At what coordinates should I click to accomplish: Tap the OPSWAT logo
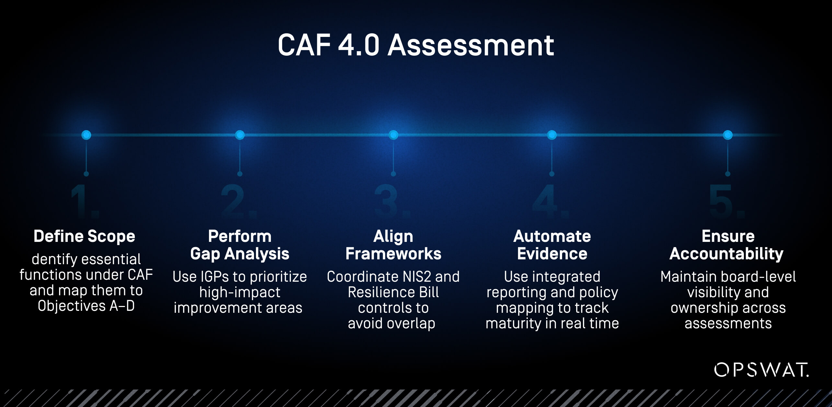click(x=761, y=370)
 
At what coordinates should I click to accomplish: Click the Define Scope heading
click(x=84, y=236)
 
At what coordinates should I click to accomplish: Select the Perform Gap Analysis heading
click(x=240, y=245)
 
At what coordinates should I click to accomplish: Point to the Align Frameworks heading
click(x=393, y=245)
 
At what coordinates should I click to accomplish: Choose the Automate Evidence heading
click(x=552, y=245)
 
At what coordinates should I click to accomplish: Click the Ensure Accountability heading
click(x=726, y=245)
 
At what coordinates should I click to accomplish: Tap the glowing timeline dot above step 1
click(x=86, y=135)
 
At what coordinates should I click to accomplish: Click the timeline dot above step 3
click(x=393, y=135)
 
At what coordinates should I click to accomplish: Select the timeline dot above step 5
click(x=728, y=135)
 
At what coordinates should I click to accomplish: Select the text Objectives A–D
click(x=86, y=306)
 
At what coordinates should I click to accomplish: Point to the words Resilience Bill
click(x=393, y=292)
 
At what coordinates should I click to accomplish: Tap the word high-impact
click(x=240, y=292)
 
